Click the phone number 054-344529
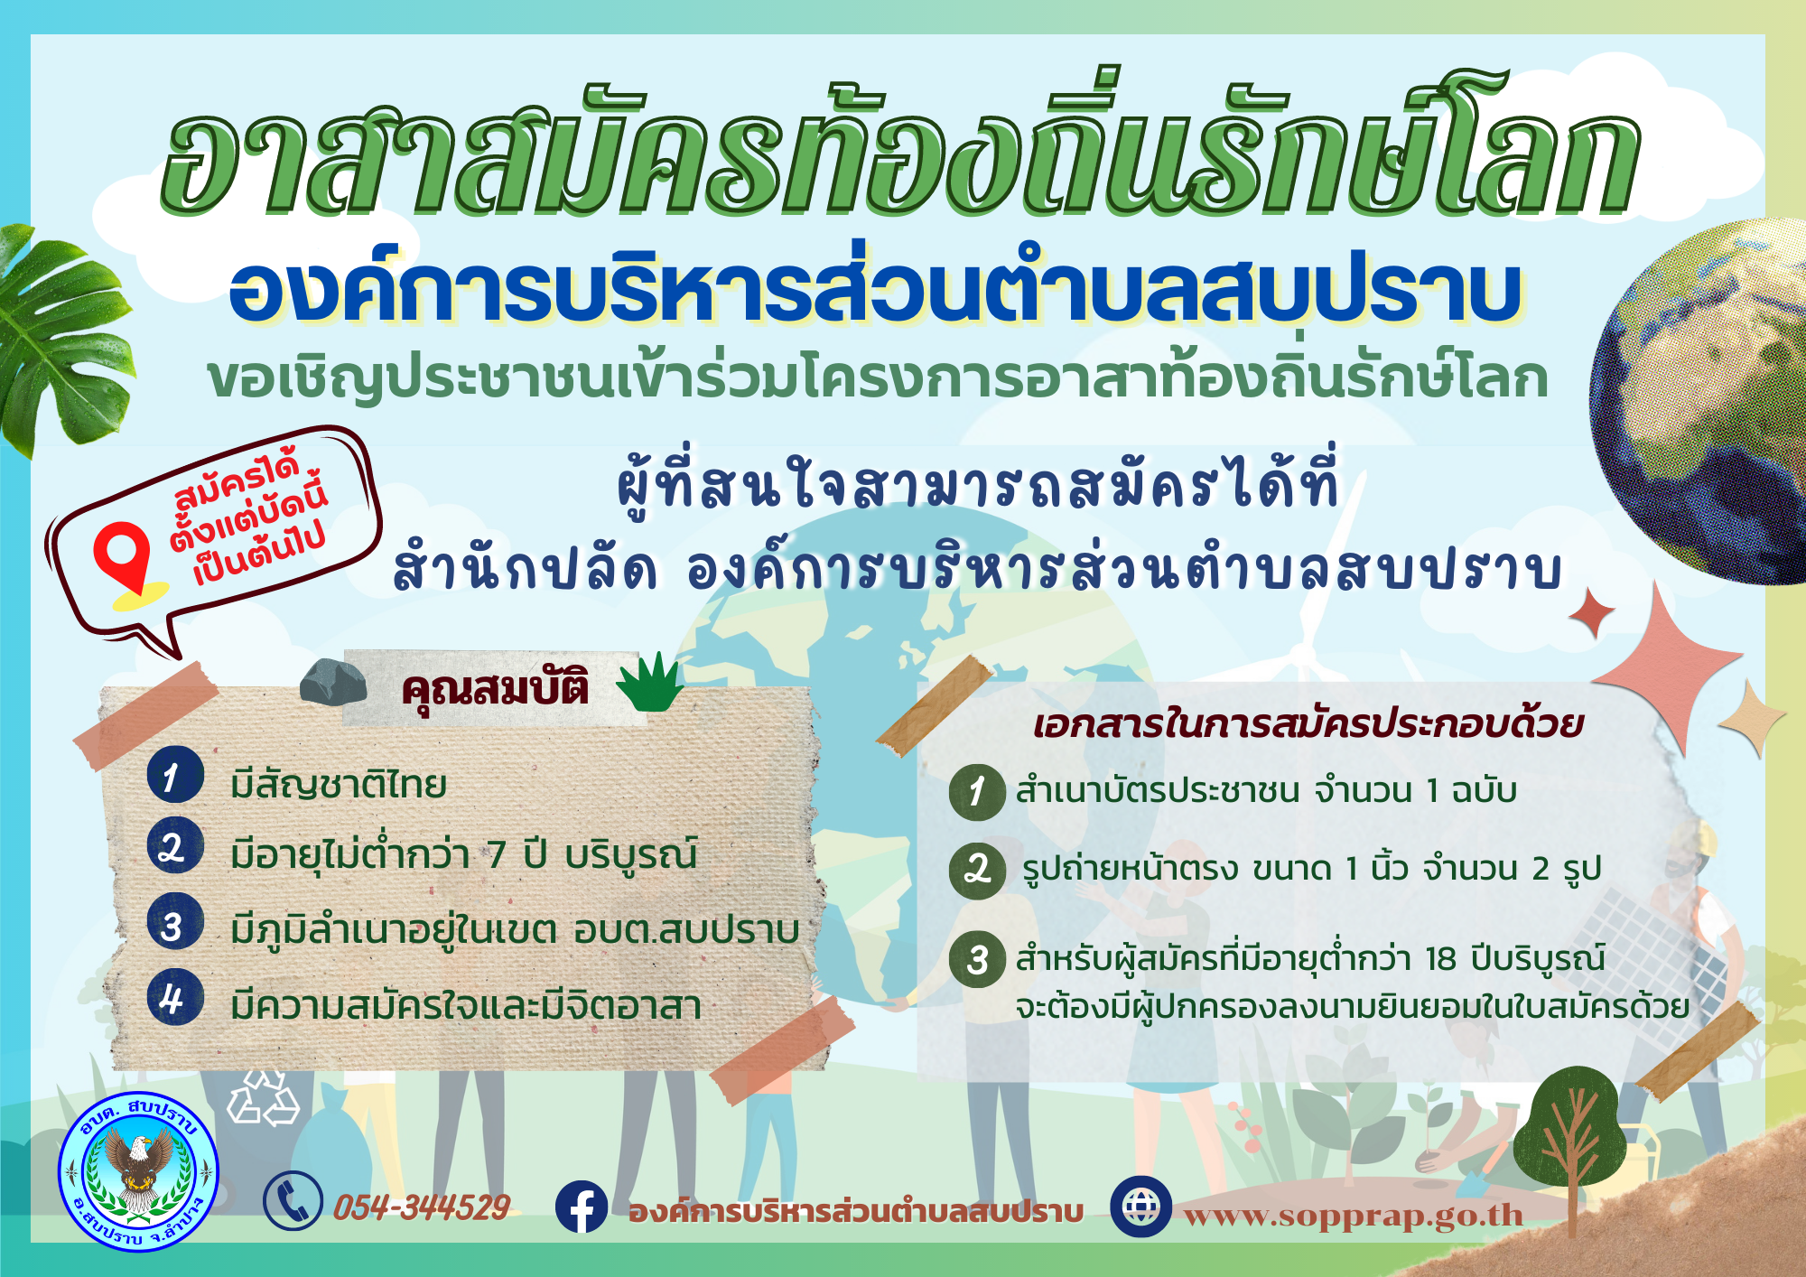[422, 1207]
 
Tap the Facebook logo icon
[582, 1207]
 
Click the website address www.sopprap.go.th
[1353, 1216]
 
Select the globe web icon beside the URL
[1140, 1207]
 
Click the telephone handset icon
[293, 1201]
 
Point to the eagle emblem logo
[138, 1171]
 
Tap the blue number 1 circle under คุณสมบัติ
[175, 774]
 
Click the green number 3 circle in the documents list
[977, 959]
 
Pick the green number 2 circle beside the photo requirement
[977, 871]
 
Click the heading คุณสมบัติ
[495, 689]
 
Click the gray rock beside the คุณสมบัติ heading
[333, 681]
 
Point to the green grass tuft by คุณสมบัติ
[650, 682]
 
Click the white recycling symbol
[263, 1097]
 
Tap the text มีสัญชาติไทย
[339, 784]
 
